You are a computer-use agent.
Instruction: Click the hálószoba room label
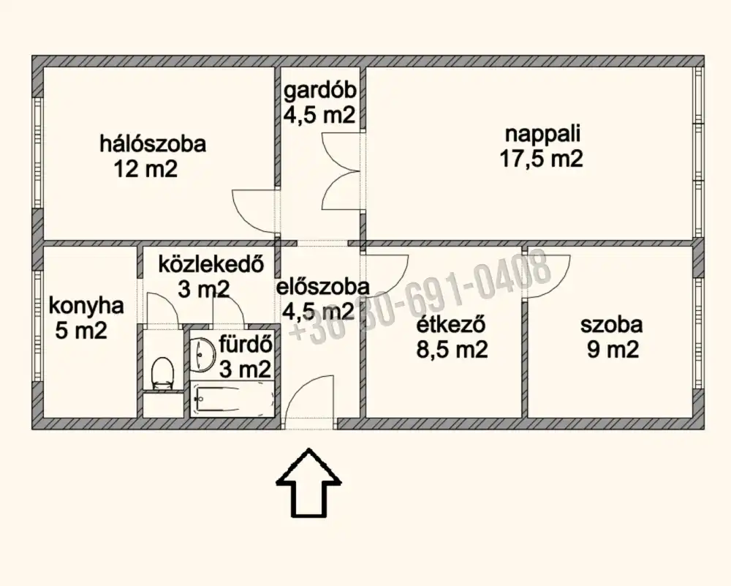153,143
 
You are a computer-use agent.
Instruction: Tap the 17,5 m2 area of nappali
541,159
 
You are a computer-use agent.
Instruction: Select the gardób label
320,91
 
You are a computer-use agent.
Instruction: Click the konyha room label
86,307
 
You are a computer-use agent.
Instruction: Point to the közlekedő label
211,264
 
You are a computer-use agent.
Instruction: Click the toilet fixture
163,373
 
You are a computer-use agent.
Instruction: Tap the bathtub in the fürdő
233,399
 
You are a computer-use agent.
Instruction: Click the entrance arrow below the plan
308,483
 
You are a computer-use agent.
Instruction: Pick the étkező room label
451,324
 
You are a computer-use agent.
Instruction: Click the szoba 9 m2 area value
612,349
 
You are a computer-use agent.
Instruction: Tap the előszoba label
322,287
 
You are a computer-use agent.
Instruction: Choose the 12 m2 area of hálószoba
145,168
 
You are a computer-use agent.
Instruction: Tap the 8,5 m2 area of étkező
452,349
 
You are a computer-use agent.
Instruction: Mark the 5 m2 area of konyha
81,331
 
